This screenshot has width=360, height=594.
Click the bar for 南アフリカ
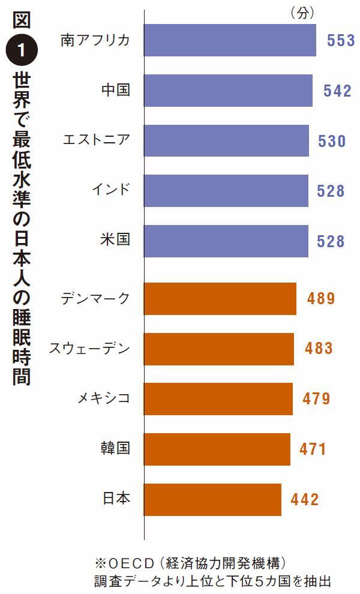pyautogui.click(x=230, y=40)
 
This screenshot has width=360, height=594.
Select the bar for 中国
pyautogui.click(x=228, y=90)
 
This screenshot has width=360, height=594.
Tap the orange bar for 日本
pyautogui.click(x=212, y=499)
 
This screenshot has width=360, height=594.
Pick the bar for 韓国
pyautogui.click(x=217, y=449)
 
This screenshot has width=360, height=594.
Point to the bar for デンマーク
pyautogui.click(x=220, y=299)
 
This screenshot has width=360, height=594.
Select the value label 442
pyautogui.click(x=305, y=499)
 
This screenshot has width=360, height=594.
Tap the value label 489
pyautogui.click(x=320, y=299)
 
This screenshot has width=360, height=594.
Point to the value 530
pyautogui.click(x=332, y=141)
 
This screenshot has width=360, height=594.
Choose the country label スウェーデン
pyautogui.click(x=89, y=349)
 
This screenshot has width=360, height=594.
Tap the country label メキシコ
pyautogui.click(x=104, y=398)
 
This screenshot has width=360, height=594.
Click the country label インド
pyautogui.click(x=110, y=191)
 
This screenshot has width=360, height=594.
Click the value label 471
pyautogui.click(x=313, y=449)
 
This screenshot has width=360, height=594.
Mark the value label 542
pyautogui.click(x=337, y=90)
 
